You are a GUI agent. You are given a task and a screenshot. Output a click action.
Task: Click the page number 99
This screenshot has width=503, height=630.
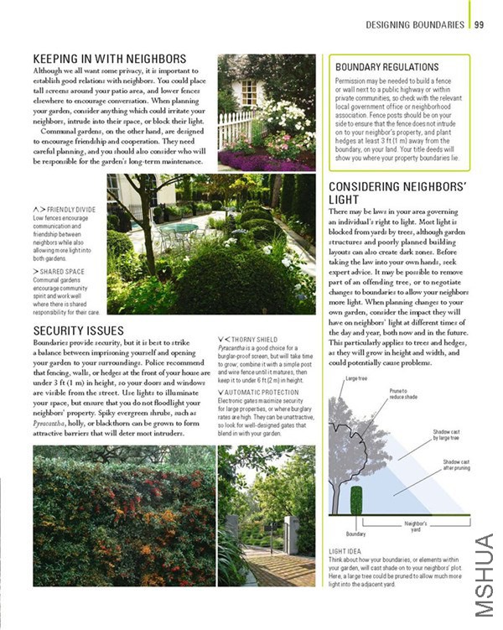(479, 25)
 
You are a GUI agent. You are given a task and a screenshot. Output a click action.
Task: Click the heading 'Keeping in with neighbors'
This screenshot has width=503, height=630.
(109, 59)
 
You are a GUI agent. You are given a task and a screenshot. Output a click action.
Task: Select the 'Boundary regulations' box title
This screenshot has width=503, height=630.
(386, 66)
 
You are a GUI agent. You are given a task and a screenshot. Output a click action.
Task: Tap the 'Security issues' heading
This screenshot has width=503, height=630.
(78, 331)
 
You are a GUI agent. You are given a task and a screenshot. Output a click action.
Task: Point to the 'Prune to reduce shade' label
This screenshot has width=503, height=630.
(402, 393)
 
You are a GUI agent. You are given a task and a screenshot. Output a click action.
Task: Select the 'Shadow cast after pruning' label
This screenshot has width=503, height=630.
(458, 465)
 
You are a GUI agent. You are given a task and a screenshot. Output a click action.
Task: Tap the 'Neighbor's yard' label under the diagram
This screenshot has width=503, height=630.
(417, 526)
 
